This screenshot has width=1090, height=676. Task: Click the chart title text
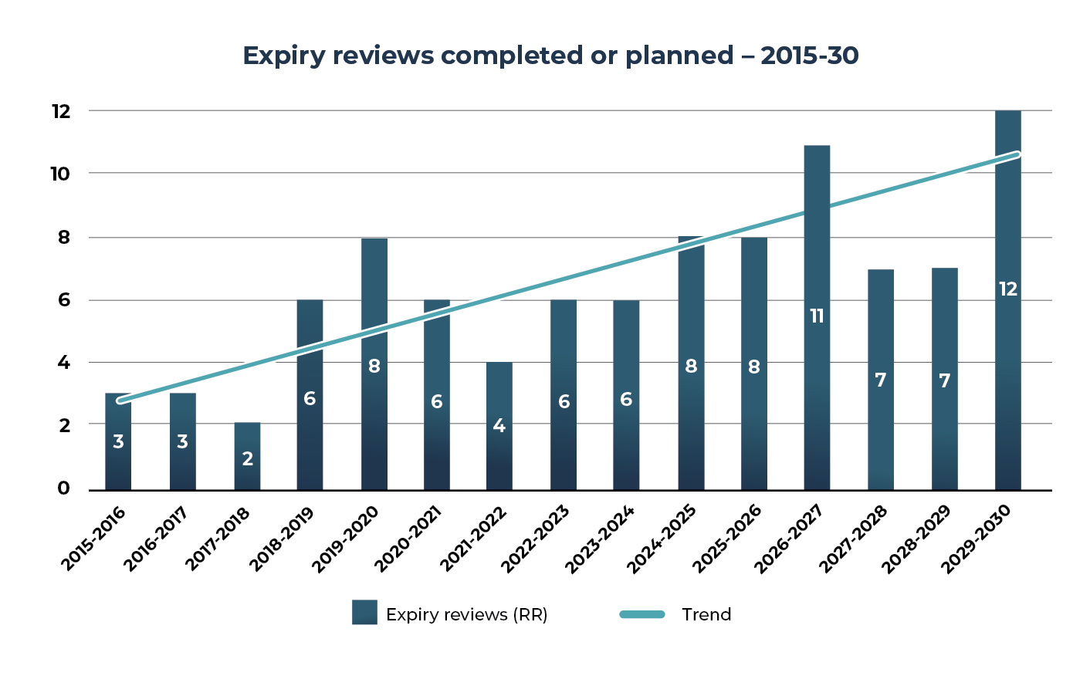click(550, 56)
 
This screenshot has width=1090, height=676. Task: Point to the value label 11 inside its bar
click(817, 316)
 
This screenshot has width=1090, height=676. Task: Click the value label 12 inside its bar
click(1007, 289)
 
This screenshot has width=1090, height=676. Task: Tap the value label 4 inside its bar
click(499, 426)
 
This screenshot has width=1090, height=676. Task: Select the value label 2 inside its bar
click(247, 459)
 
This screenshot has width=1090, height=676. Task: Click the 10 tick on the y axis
click(60, 174)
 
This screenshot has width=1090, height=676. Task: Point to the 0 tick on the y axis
click(63, 488)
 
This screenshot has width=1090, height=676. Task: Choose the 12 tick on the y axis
click(60, 112)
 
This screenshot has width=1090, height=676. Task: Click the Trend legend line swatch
click(642, 614)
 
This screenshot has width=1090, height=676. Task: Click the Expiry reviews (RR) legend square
click(364, 613)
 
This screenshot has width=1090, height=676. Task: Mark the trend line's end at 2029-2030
click(1017, 154)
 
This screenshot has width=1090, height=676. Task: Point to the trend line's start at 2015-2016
click(119, 401)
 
